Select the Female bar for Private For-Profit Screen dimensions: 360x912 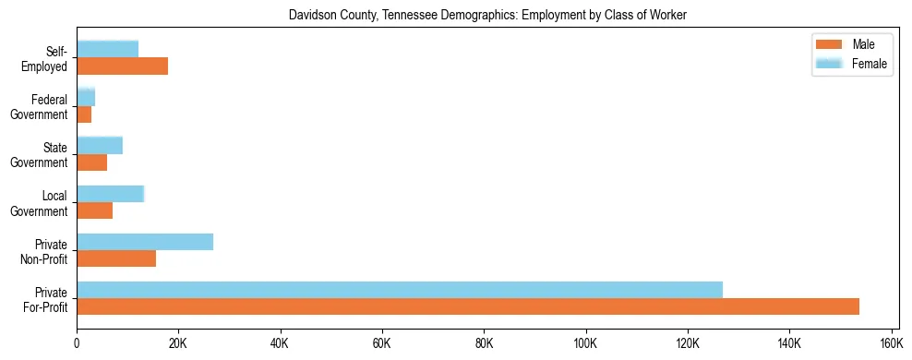(400, 290)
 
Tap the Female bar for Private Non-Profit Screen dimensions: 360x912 (145, 242)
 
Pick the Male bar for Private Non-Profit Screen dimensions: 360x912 (116, 258)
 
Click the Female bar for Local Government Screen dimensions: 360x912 (111, 194)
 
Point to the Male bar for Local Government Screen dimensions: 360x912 (95, 210)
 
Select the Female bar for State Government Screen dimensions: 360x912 (100, 145)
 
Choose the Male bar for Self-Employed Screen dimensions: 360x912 (123, 66)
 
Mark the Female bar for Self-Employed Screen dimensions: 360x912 (108, 49)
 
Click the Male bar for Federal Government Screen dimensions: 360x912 (84, 114)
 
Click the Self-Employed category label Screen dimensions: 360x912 (50, 58)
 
